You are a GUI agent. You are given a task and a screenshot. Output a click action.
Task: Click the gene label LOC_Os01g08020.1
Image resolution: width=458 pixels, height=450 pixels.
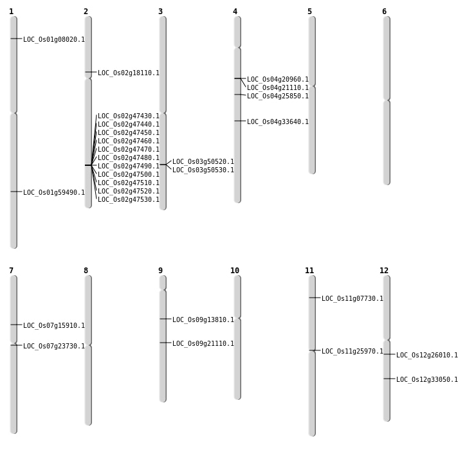point(54,40)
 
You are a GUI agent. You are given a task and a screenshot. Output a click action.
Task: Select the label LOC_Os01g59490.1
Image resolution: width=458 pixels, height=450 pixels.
point(54,193)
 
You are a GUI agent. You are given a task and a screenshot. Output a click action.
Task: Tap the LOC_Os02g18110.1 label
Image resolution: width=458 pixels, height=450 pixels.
point(129,73)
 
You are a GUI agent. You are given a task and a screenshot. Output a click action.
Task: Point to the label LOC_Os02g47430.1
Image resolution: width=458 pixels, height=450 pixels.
point(129,116)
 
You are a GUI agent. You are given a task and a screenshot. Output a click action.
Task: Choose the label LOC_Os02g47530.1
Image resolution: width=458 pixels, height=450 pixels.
point(129,200)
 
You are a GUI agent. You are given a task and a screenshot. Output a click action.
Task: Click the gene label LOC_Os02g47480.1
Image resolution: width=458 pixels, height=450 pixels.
point(129,158)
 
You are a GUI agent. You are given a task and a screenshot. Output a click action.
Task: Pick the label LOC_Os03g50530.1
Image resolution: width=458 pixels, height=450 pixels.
point(203,170)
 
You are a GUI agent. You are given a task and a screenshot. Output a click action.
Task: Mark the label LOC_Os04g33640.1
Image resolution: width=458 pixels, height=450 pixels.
point(278,122)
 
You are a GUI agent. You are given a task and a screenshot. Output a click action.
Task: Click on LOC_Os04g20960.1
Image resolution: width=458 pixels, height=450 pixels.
point(278,80)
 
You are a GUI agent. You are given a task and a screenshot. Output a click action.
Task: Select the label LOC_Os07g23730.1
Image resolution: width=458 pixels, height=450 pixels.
point(54,346)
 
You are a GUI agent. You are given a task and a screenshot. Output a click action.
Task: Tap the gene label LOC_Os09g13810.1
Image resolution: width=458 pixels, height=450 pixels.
point(203,320)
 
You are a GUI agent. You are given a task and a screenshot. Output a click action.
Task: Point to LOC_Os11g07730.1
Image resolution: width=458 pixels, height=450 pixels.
point(353,299)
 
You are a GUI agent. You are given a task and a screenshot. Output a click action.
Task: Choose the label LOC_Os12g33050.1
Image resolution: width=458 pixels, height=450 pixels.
point(427,380)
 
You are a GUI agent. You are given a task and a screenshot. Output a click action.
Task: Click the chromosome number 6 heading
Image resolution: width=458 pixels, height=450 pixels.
point(384,12)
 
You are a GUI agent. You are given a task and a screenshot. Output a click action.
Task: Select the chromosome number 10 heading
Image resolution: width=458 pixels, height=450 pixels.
point(235,271)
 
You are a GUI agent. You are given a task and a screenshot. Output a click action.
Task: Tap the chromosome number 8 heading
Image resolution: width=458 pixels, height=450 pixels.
point(86,271)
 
